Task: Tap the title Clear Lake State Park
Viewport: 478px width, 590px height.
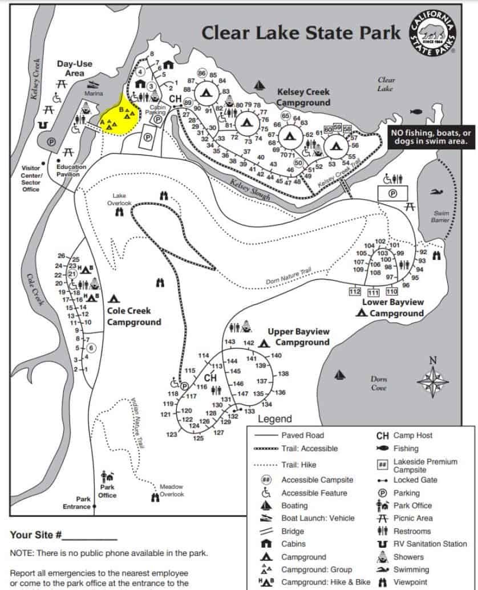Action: pyautogui.click(x=301, y=32)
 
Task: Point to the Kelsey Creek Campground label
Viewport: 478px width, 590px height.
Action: pyautogui.click(x=303, y=97)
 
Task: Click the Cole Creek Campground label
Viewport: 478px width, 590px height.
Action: pyautogui.click(x=134, y=316)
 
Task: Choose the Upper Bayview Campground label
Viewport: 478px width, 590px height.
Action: pyautogui.click(x=298, y=337)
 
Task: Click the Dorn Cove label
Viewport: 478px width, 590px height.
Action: pyautogui.click(x=379, y=383)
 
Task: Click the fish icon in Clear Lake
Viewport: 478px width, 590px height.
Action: pyautogui.click(x=416, y=112)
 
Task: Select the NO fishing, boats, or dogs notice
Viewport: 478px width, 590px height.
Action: pyautogui.click(x=430, y=137)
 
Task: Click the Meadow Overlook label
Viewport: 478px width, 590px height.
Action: pyautogui.click(x=171, y=490)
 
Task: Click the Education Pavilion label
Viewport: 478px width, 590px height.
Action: pyautogui.click(x=71, y=170)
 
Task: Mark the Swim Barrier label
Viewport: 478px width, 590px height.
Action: pyautogui.click(x=441, y=217)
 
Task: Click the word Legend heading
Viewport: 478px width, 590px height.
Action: pyautogui.click(x=275, y=419)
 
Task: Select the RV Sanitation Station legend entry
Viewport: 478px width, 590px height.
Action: pyautogui.click(x=430, y=544)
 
